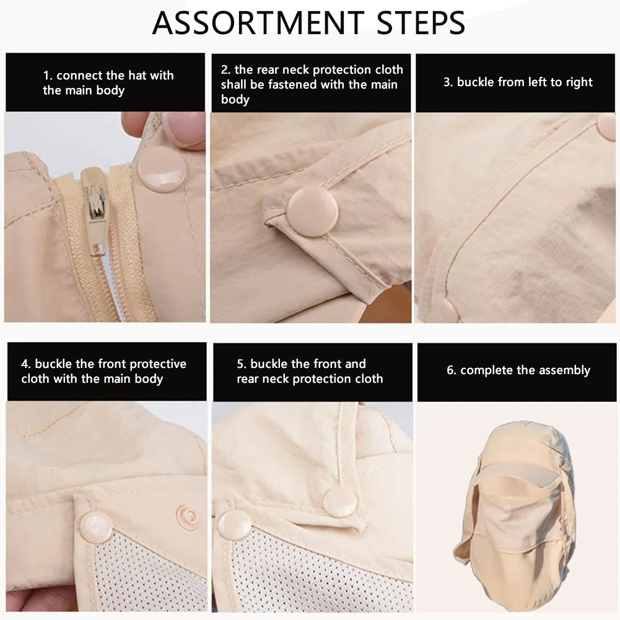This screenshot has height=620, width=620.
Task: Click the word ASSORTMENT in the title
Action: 258,23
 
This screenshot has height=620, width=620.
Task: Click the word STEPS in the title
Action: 421,23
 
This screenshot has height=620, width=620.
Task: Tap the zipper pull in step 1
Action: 95,210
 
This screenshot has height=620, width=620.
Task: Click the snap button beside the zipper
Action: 161,169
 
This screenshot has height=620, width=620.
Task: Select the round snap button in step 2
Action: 312,212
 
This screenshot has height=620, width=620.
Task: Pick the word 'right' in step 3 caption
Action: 579,82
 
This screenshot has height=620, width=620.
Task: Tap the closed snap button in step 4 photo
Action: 96,528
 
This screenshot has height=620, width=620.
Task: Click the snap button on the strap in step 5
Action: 340,502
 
